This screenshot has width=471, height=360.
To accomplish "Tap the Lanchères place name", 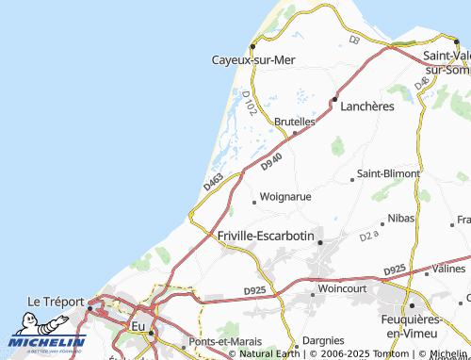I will [x=366, y=106].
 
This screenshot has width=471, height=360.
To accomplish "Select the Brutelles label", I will [x=294, y=122].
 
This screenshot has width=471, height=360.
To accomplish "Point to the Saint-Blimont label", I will [x=387, y=174].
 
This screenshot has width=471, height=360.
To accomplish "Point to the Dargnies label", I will [x=336, y=340].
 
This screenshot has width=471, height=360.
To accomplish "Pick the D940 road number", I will [x=271, y=163].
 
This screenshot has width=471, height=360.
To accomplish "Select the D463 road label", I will [x=213, y=181].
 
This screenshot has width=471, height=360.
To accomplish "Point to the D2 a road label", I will [x=368, y=235].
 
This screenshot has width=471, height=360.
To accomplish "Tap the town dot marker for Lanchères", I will [x=334, y=99].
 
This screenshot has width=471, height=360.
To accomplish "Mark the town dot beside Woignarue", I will [x=253, y=201].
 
